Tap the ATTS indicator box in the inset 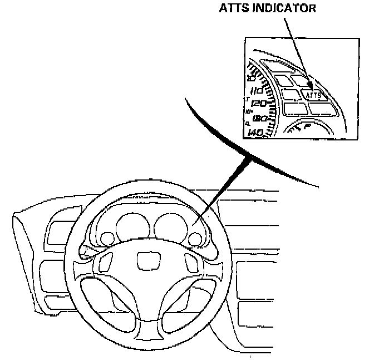[313, 95]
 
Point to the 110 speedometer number [257, 90]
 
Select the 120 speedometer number [259, 104]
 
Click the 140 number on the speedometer [257, 133]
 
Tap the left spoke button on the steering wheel [105, 265]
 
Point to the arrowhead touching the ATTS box [310, 89]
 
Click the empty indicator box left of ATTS [291, 94]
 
